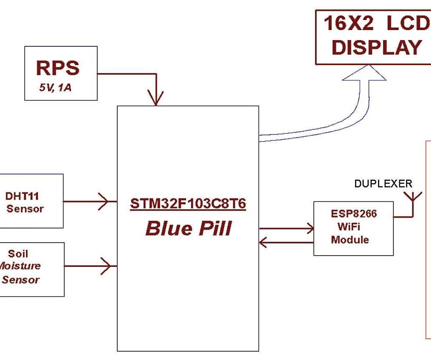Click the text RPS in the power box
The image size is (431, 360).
[58, 68]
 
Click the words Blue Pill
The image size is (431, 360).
[189, 228]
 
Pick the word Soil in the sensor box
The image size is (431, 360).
[18, 254]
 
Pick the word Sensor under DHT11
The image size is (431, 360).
[25, 209]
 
